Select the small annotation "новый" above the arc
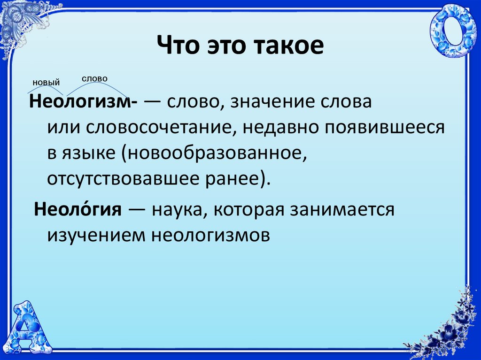coord(46,83)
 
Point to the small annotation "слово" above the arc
coord(94,79)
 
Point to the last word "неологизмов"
coord(211,235)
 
